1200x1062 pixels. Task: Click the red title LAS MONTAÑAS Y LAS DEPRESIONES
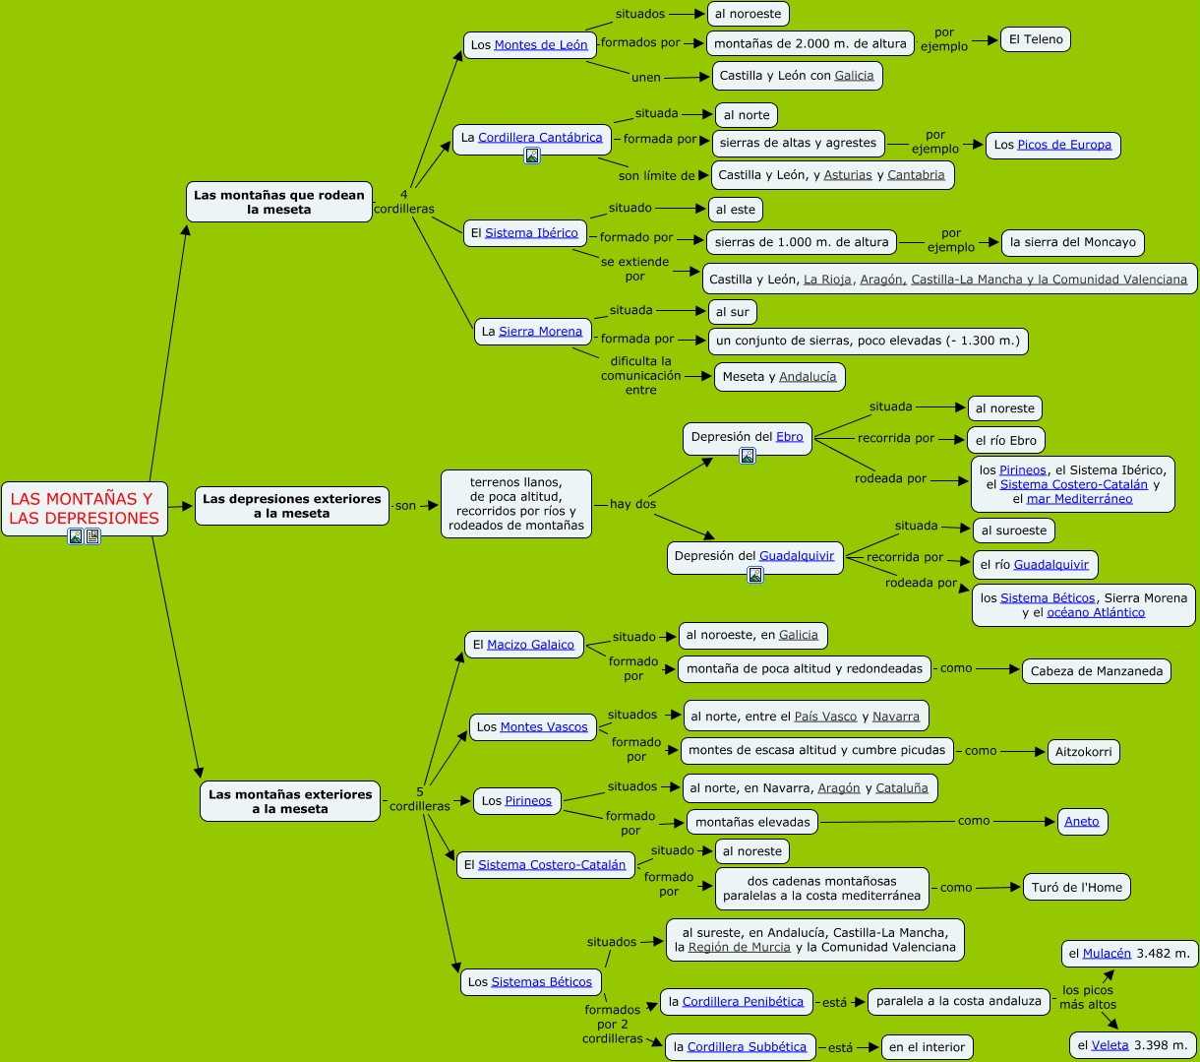pyautogui.click(x=84, y=508)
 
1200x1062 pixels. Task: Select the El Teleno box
pyautogui.click(x=1036, y=39)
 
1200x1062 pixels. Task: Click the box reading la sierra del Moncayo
pyautogui.click(x=1073, y=242)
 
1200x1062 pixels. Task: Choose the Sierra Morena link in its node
pyautogui.click(x=540, y=332)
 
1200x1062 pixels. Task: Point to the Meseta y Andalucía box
pyautogui.click(x=779, y=377)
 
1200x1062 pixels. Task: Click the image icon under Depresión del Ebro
pyautogui.click(x=748, y=456)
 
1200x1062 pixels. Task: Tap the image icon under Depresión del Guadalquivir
pyautogui.click(x=755, y=575)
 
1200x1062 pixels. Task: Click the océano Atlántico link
pyautogui.click(x=1096, y=612)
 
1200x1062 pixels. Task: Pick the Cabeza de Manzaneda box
pyautogui.click(x=1096, y=671)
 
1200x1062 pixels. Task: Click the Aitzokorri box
pyautogui.click(x=1083, y=752)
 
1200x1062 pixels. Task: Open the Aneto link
pyautogui.click(x=1082, y=822)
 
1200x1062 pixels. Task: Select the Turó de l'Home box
pyautogui.click(x=1076, y=887)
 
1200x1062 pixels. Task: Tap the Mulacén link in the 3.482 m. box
pyautogui.click(x=1107, y=953)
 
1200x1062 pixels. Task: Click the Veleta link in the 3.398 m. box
pyautogui.click(x=1110, y=1045)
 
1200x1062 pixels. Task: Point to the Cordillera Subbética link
pyautogui.click(x=747, y=1047)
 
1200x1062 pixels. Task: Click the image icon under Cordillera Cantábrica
pyautogui.click(x=532, y=156)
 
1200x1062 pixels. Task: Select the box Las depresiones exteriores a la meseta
pyautogui.click(x=291, y=506)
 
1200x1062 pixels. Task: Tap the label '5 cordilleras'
pyautogui.click(x=420, y=798)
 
